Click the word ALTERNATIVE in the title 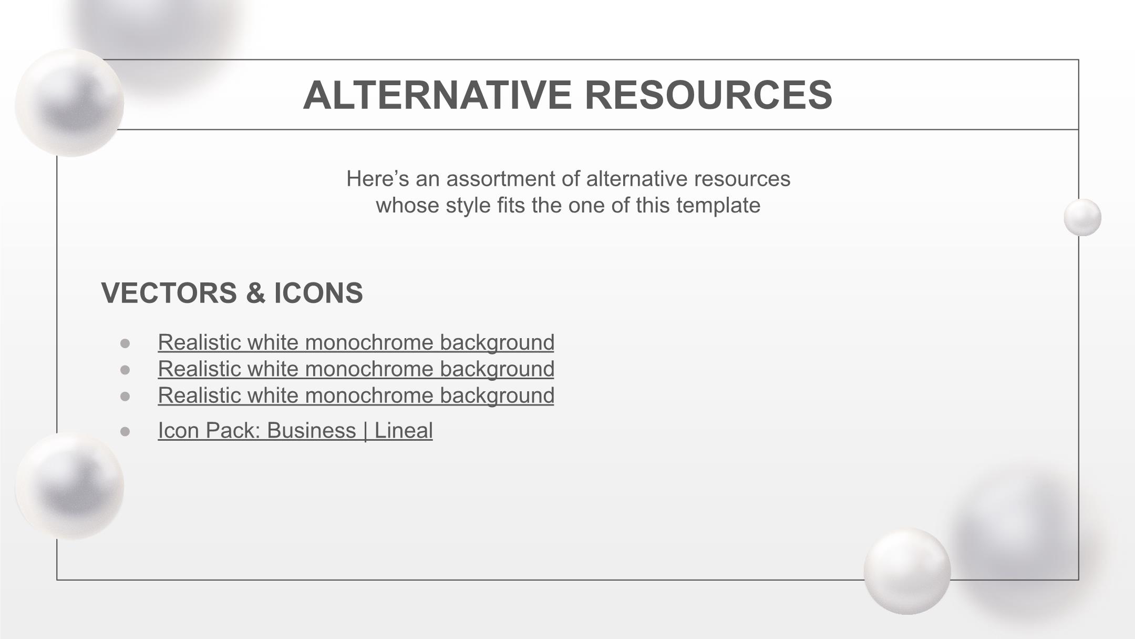click(x=437, y=95)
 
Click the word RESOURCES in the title click(x=708, y=95)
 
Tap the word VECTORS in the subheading click(x=169, y=293)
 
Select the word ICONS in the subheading click(x=318, y=293)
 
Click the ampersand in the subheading click(x=255, y=293)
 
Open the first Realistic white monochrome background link click(x=356, y=343)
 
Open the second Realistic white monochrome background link click(x=356, y=369)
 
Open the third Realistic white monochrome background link click(x=356, y=396)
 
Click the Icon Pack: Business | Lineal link click(x=295, y=431)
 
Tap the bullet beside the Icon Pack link click(x=125, y=432)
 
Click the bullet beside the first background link click(x=125, y=343)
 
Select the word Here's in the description click(x=378, y=179)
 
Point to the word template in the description click(x=718, y=206)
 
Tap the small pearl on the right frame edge click(x=1082, y=217)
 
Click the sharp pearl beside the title click(x=69, y=103)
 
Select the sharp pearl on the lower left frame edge click(x=69, y=486)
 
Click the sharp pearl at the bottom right click(x=907, y=571)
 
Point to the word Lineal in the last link click(x=404, y=431)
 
